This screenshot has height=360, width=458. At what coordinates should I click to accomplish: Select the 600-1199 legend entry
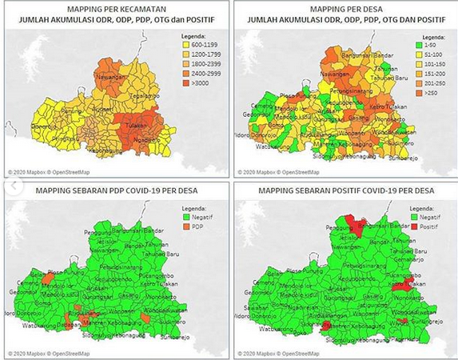[x=196, y=45]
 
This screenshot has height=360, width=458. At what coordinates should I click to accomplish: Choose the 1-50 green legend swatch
[x=416, y=46]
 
